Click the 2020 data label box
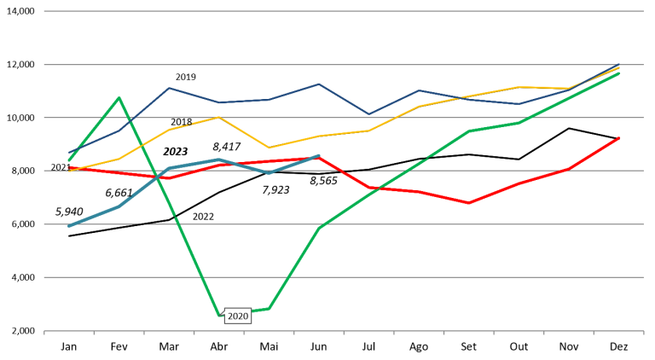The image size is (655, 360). point(237,316)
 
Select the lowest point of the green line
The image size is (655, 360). point(219,315)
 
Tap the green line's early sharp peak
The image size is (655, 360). point(119,97)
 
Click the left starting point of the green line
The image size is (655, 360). point(69,160)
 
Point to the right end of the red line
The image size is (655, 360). point(619,137)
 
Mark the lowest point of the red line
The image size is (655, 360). point(468,203)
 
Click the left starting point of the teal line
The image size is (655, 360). point(69,226)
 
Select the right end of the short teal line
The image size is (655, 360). point(319,155)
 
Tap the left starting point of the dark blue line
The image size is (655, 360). point(69,153)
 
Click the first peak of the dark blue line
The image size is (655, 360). point(169,88)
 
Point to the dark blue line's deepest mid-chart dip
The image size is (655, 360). point(368,113)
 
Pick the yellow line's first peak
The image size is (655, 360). point(219,117)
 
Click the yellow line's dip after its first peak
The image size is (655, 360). point(270,148)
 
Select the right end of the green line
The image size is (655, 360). point(619,73)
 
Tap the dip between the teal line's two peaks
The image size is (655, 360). point(270,172)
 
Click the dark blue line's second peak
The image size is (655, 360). point(319,84)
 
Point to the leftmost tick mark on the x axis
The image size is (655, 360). point(44,333)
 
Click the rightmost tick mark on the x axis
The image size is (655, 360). point(643,333)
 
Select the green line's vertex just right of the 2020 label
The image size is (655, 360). point(270,308)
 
